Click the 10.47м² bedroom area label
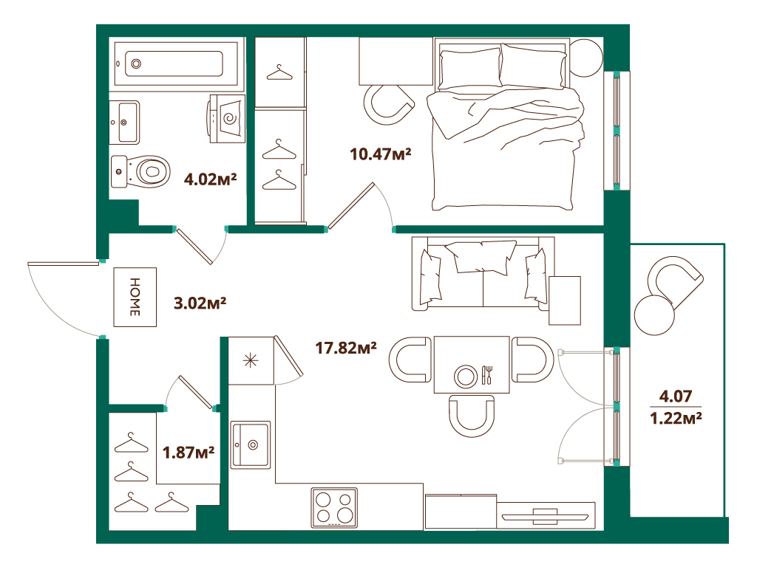pyautogui.click(x=380, y=155)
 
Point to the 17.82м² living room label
pyautogui.click(x=347, y=347)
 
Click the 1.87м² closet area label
pyautogui.click(x=189, y=452)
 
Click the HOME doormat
pyautogui.click(x=135, y=297)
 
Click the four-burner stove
pyautogui.click(x=334, y=508)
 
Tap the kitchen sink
pyautogui.click(x=251, y=444)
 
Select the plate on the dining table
pyautogui.click(x=466, y=375)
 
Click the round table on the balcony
pyautogui.click(x=654, y=316)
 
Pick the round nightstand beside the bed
pyautogui.click(x=586, y=57)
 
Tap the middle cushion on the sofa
pyautogui.click(x=483, y=256)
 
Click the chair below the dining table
pyautogui.click(x=471, y=414)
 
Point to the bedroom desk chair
pyautogui.click(x=390, y=104)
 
